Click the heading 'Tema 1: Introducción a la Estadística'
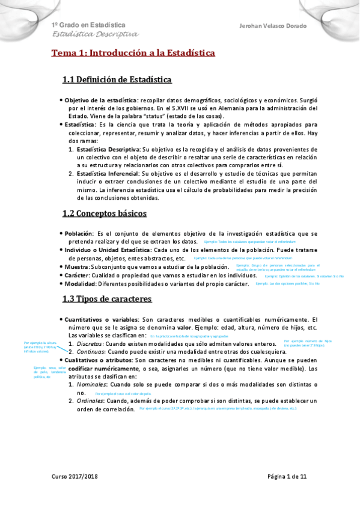(x=132, y=53)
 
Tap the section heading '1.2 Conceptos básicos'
(x=104, y=213)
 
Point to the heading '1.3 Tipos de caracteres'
(x=107, y=299)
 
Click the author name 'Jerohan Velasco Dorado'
(x=273, y=26)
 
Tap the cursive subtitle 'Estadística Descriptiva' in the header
(x=94, y=35)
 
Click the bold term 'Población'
(x=79, y=233)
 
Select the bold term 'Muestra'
(x=76, y=266)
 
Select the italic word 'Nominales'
(x=92, y=384)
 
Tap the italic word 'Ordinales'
(x=91, y=401)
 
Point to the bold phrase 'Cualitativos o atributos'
(x=98, y=360)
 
